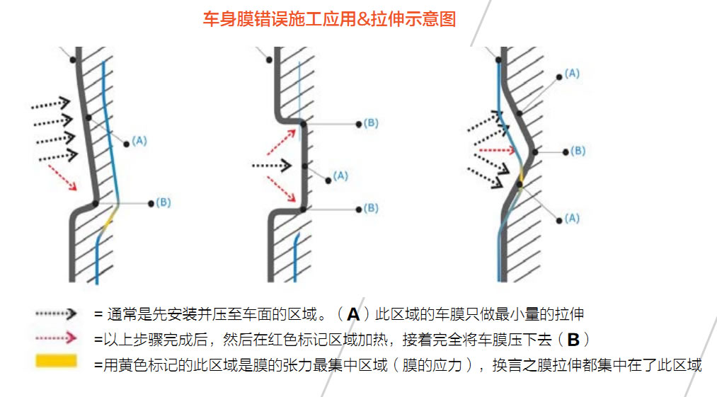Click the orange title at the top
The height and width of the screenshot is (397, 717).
coord(330,19)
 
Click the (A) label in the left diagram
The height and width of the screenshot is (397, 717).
coord(139,141)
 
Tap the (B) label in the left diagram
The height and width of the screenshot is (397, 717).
coord(164,203)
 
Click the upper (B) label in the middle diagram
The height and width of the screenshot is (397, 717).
coord(371,123)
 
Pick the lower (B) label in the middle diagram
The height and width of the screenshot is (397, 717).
coord(371,209)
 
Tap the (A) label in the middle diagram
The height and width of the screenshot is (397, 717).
coord(340,176)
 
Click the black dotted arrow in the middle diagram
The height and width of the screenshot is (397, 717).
coord(272,166)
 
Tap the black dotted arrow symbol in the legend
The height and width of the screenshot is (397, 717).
coord(56,313)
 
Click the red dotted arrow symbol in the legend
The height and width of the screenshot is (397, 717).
coord(56,338)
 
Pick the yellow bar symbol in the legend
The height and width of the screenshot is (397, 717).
coord(56,362)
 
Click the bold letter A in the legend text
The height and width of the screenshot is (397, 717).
coord(353,314)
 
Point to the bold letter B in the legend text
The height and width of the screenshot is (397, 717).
coord(573,339)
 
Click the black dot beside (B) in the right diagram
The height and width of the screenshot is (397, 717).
coord(564,151)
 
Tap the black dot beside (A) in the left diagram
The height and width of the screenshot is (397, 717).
coord(127,144)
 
